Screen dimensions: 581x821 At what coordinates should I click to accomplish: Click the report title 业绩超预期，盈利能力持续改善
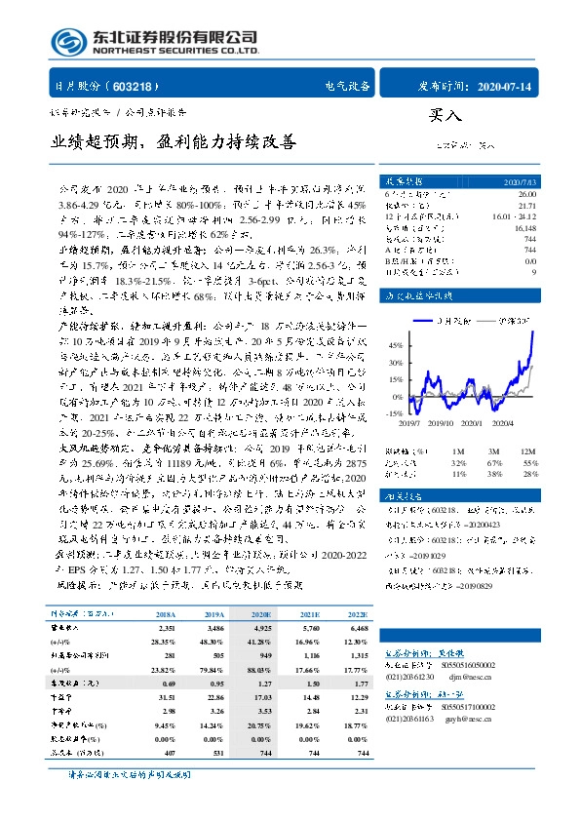click(173, 142)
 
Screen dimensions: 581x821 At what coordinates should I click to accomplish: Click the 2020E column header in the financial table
click(259, 614)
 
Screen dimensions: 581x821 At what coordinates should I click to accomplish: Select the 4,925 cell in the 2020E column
click(259, 629)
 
